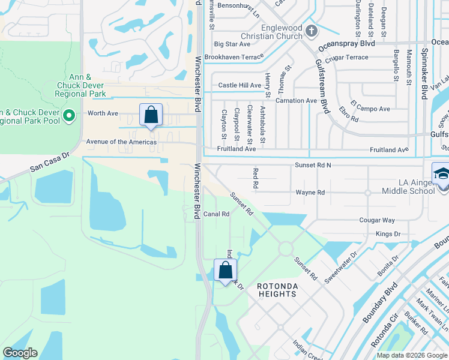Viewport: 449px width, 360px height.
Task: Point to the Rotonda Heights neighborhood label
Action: pyautogui.click(x=277, y=290)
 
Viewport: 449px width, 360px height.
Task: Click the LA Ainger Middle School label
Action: pyautogui.click(x=408, y=187)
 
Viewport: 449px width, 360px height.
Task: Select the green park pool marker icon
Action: pyautogui.click(x=69, y=115)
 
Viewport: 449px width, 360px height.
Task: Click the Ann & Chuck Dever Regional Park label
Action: pyautogui.click(x=80, y=85)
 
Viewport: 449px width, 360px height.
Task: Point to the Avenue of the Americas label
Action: pyautogui.click(x=121, y=142)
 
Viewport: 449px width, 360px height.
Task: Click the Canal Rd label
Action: pyautogui.click(x=217, y=214)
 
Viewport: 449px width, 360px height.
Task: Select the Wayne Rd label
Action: pyautogui.click(x=310, y=193)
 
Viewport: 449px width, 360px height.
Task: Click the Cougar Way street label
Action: pyautogui.click(x=377, y=221)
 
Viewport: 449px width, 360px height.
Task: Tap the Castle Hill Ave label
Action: pyautogui.click(x=240, y=86)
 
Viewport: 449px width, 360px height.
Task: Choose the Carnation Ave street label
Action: pyautogui.click(x=296, y=101)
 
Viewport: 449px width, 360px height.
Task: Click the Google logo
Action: pyautogui.click(x=20, y=353)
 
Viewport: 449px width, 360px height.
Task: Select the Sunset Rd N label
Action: pyautogui.click(x=313, y=164)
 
